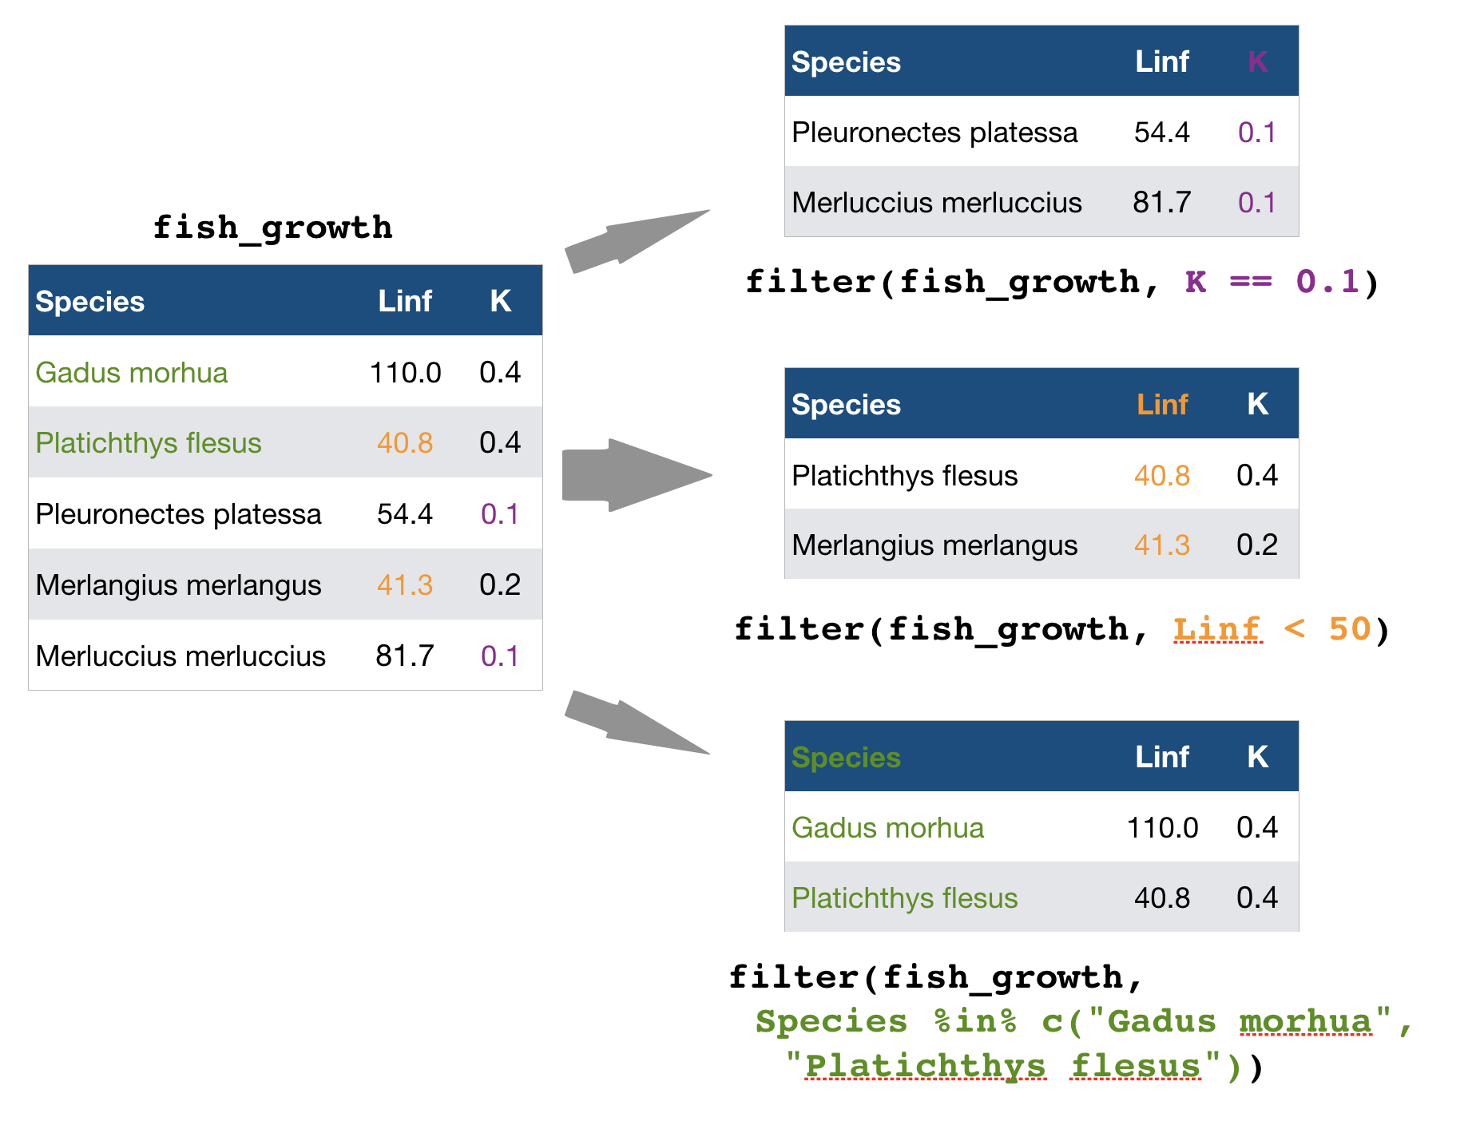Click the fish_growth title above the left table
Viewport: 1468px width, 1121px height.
[x=272, y=228]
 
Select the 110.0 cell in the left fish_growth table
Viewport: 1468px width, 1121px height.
[x=405, y=373]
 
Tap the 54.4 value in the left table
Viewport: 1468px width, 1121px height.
[x=404, y=514]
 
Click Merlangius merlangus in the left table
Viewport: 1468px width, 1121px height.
[x=178, y=585]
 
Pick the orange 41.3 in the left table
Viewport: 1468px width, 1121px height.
[x=404, y=585]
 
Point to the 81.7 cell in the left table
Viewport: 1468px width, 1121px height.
[x=404, y=656]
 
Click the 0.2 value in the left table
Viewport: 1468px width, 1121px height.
[x=500, y=585]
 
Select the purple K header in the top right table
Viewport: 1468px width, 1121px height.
[x=1257, y=61]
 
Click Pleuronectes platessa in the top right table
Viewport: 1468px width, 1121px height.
[x=934, y=133]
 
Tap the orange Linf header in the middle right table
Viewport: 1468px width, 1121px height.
[x=1162, y=405]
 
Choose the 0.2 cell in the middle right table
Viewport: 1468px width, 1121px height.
[x=1257, y=545]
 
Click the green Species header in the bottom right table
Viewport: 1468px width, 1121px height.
[x=846, y=758]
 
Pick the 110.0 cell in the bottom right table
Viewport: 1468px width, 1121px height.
[x=1162, y=828]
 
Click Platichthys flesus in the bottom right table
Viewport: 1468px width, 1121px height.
[x=904, y=898]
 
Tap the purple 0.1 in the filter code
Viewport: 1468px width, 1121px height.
[x=1327, y=282]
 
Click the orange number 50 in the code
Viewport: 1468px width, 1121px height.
[x=1350, y=630]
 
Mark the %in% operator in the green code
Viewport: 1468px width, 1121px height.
[x=975, y=1022]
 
